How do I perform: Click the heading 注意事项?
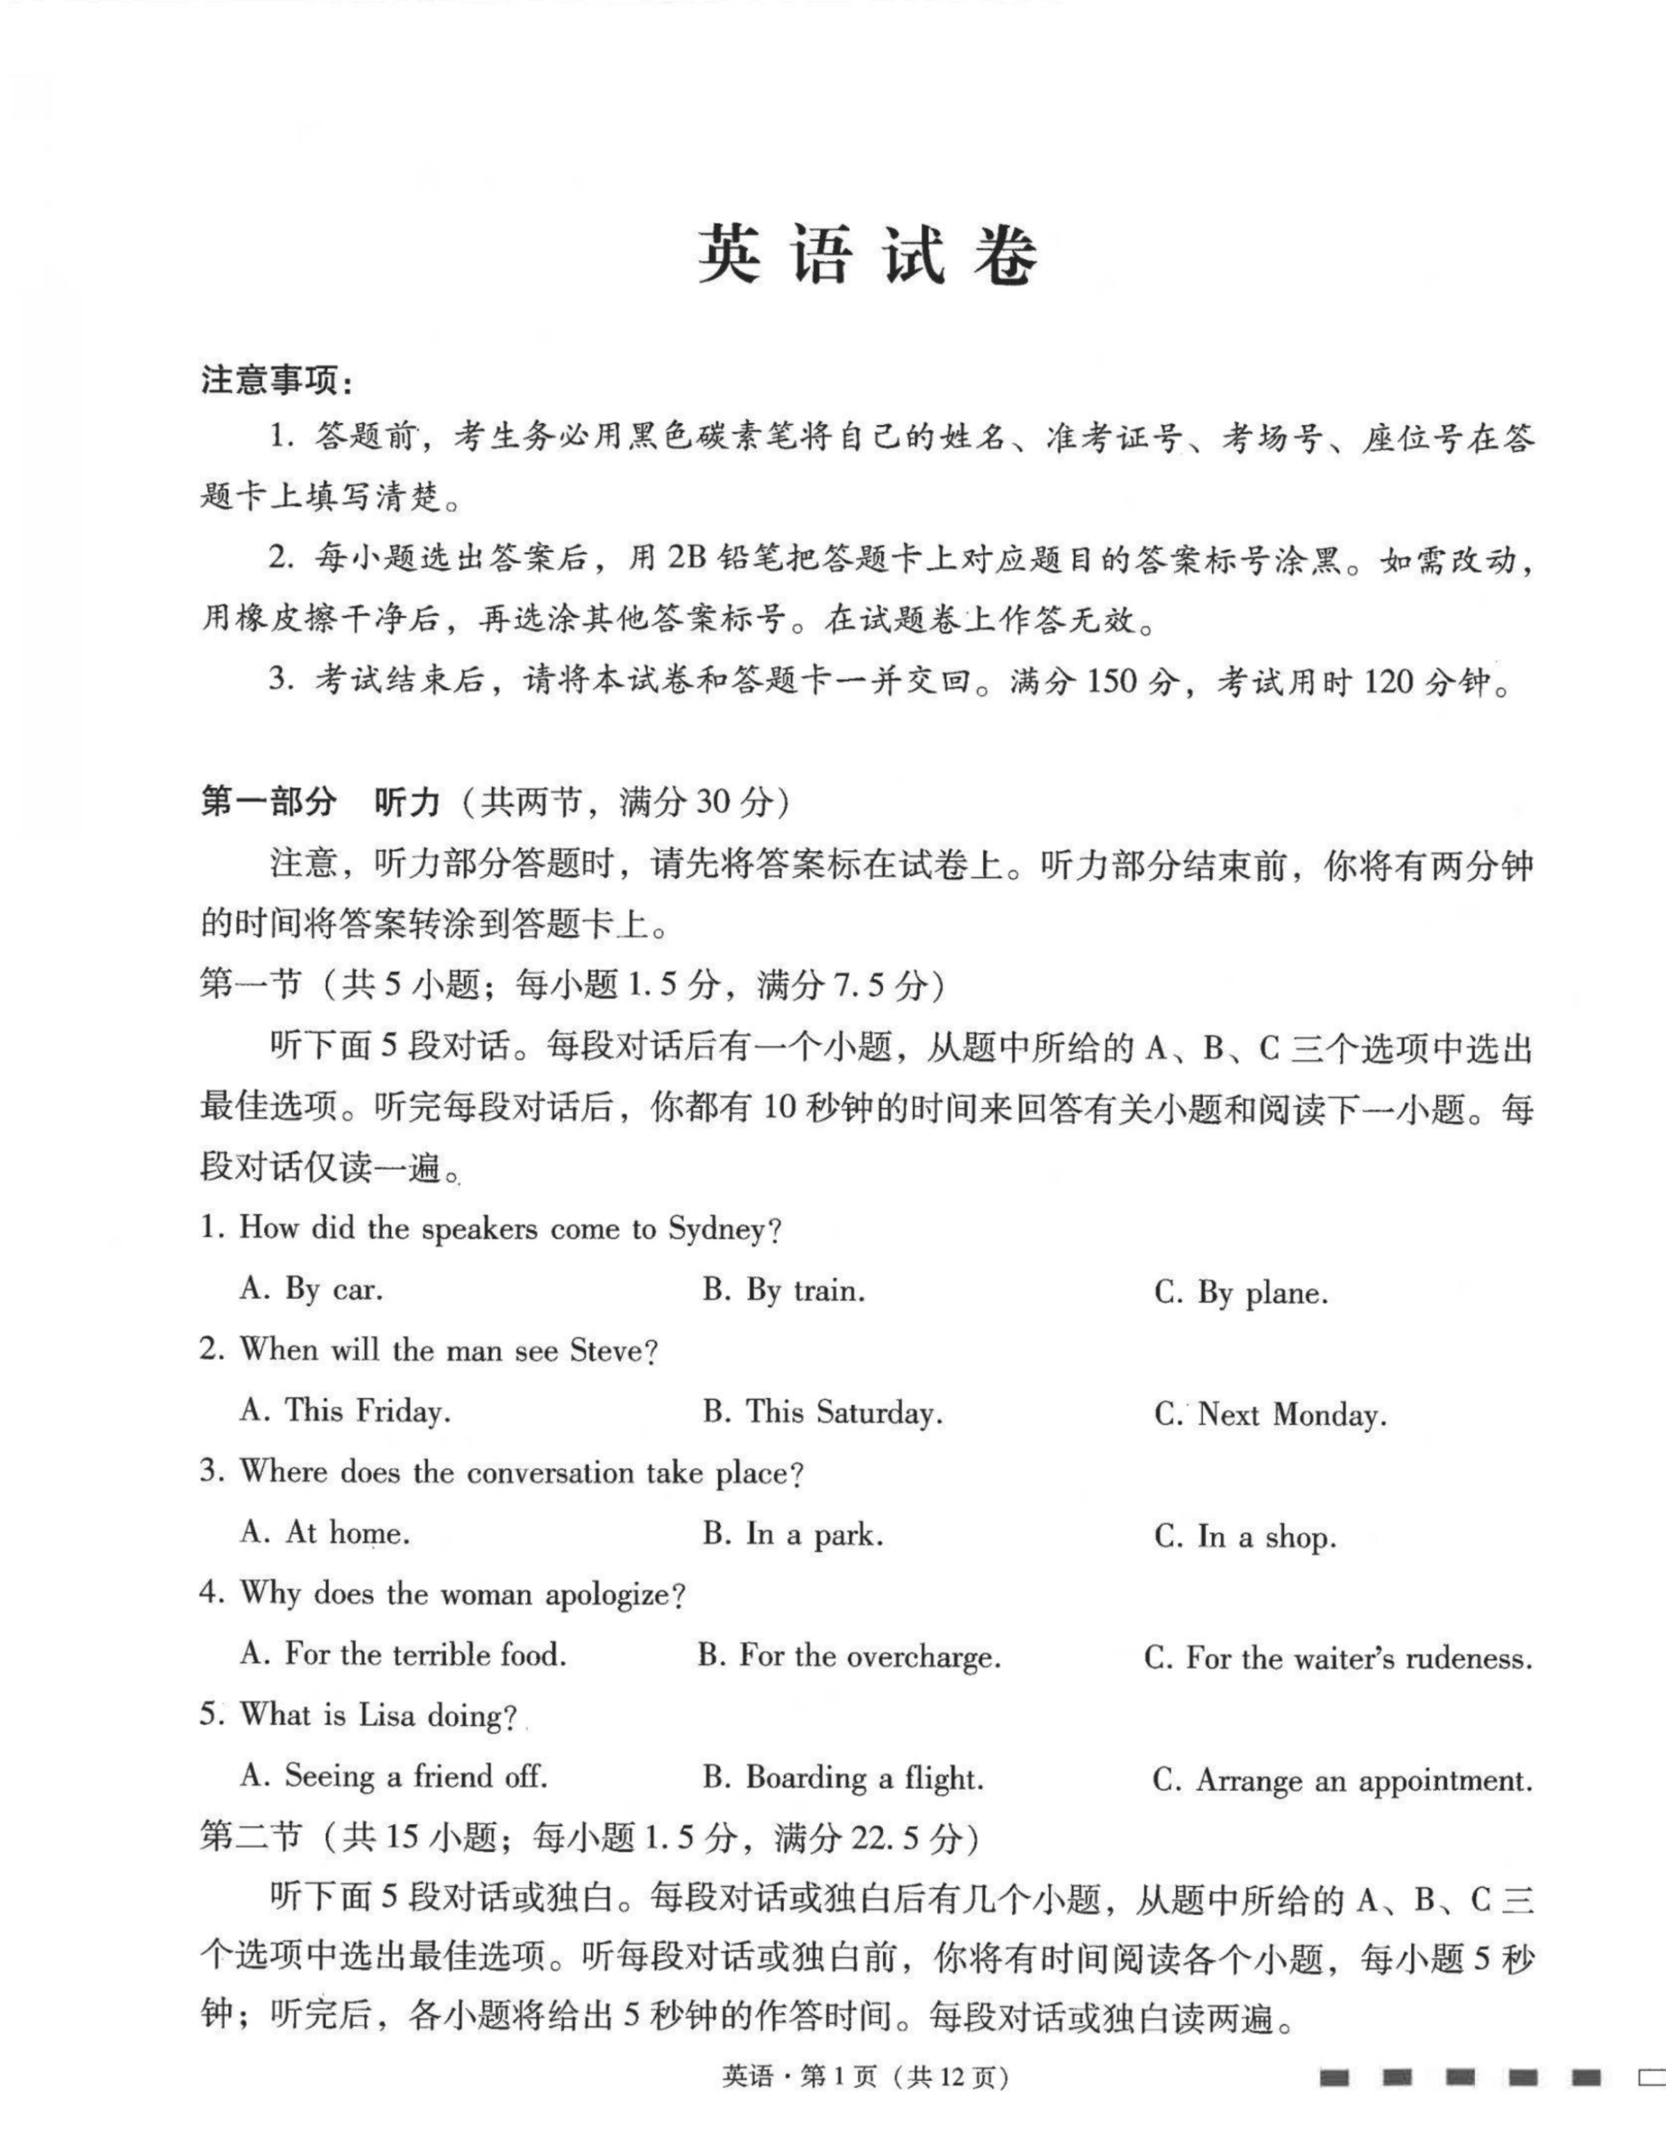[x=277, y=380]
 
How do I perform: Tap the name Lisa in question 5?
[x=386, y=1716]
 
